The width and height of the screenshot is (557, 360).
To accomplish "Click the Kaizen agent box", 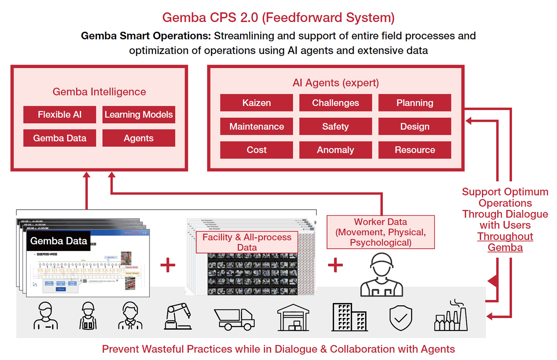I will click(x=257, y=103).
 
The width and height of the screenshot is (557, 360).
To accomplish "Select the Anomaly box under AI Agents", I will click(x=336, y=150).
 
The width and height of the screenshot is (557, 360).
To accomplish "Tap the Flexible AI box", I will click(x=60, y=115).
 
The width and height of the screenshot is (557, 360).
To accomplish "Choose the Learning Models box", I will click(x=139, y=115).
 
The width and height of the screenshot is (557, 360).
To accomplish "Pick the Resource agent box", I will click(x=415, y=150).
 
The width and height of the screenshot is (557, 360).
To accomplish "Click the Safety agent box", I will click(x=336, y=127).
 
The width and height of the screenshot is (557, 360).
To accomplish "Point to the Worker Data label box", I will click(x=381, y=232).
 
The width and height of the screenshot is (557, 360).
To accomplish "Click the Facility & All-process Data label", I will click(x=247, y=242).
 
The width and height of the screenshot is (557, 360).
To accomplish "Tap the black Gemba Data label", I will click(x=58, y=241).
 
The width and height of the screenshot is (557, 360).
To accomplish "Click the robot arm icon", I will click(x=178, y=316).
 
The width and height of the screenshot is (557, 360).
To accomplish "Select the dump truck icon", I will click(x=234, y=319).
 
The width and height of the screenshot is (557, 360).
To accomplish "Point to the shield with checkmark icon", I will click(x=401, y=318).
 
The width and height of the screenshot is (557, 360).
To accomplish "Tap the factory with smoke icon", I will click(x=451, y=316).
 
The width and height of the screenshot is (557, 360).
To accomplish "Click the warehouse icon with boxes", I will click(x=293, y=318).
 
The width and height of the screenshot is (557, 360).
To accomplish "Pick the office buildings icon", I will click(x=350, y=317).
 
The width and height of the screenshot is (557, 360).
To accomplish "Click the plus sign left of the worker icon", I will click(x=335, y=265).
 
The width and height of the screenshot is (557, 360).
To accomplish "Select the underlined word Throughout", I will click(x=505, y=237).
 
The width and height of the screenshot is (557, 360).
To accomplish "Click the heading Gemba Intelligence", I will click(x=99, y=92).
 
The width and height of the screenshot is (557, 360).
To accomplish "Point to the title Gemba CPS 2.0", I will click(x=278, y=17).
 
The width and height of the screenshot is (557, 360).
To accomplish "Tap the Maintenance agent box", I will click(x=257, y=127).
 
